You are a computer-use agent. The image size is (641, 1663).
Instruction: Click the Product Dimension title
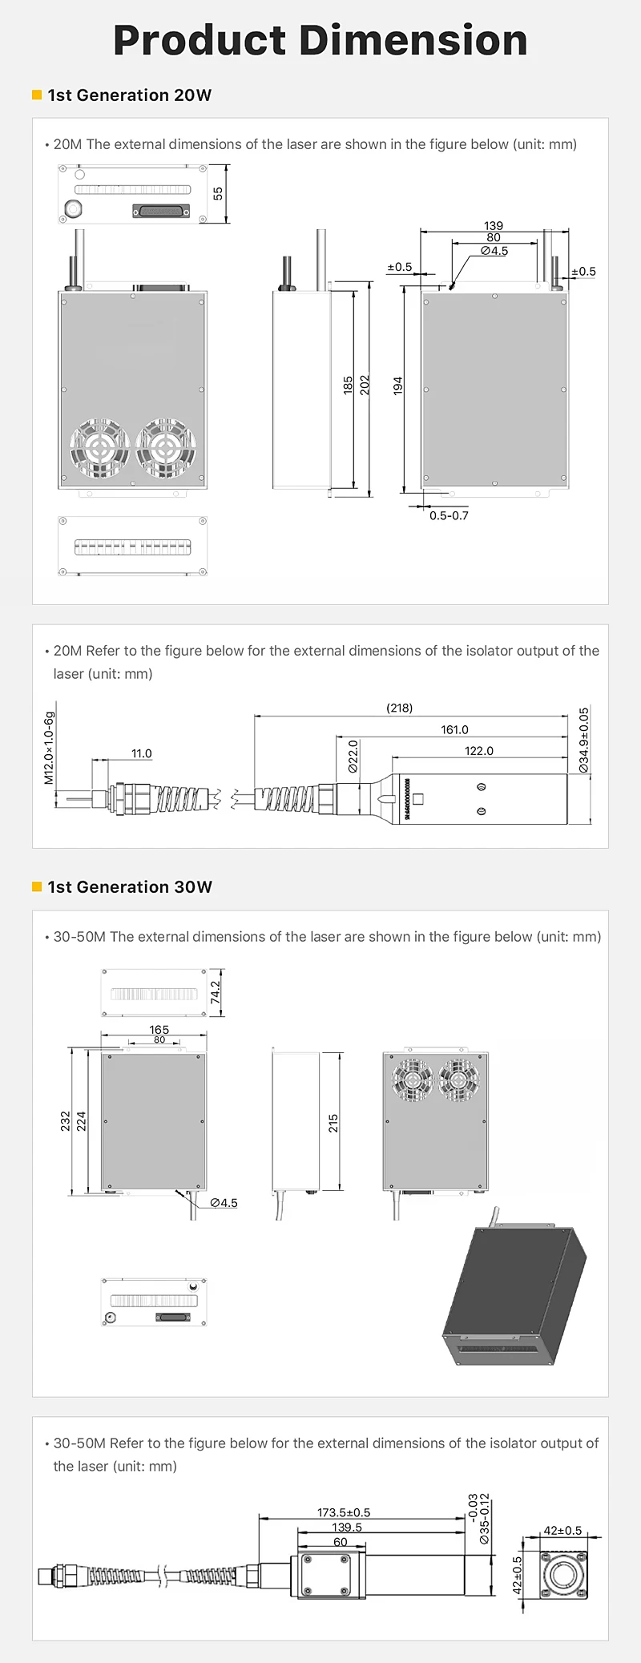(320, 40)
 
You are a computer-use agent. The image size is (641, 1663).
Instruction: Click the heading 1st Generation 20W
(129, 95)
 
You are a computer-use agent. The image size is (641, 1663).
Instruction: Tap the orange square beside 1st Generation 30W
(37, 886)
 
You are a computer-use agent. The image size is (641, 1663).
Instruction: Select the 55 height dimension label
(218, 194)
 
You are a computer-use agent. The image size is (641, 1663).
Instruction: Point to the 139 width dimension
(494, 226)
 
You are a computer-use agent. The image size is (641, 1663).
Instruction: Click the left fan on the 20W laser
(100, 447)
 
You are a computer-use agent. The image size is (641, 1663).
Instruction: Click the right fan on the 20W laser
(166, 447)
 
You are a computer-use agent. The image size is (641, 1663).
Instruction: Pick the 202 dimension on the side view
(365, 385)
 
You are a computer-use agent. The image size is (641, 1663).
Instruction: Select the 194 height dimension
(398, 385)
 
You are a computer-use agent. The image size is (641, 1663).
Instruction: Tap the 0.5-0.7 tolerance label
(449, 516)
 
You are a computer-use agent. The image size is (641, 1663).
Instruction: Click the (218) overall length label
(400, 708)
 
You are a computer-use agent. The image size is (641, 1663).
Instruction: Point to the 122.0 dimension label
(479, 751)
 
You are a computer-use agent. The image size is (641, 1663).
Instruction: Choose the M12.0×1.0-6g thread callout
(49, 747)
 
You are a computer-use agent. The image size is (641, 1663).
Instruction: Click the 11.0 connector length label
(142, 753)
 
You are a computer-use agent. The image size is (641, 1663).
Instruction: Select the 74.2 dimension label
(215, 992)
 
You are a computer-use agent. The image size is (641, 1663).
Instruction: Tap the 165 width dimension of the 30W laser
(159, 1029)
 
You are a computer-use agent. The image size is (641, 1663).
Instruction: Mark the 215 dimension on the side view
(333, 1122)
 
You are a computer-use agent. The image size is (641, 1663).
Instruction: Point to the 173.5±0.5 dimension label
(344, 1512)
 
